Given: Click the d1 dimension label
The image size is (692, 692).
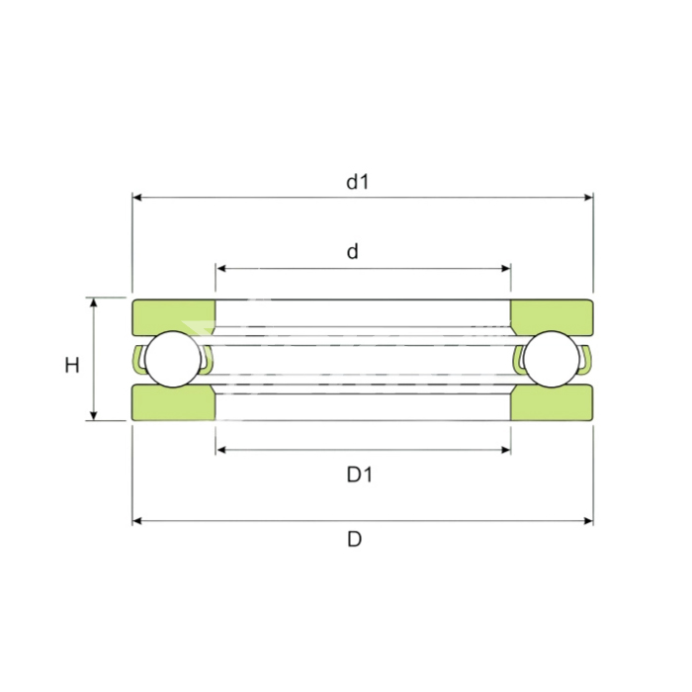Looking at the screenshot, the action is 357,182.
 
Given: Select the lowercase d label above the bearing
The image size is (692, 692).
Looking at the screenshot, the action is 352,251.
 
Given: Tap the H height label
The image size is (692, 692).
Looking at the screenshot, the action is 72,366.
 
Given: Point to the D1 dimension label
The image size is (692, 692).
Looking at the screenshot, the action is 360,475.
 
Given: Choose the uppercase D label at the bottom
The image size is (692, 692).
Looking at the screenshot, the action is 354,540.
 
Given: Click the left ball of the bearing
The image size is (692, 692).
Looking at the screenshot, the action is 173,359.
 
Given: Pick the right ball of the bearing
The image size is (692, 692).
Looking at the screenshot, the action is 552,359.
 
